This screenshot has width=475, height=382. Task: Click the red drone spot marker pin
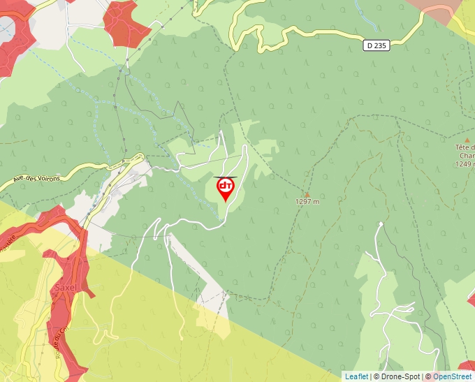(x=226, y=189)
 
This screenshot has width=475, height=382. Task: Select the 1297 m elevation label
(x=307, y=201)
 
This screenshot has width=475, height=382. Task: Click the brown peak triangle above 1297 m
(x=307, y=193)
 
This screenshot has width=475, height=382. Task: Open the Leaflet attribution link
(x=356, y=376)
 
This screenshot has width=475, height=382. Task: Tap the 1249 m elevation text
(x=464, y=164)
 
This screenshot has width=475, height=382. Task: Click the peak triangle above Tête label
(x=467, y=140)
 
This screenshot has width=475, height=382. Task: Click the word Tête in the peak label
(x=464, y=147)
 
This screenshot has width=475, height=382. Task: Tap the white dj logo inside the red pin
(x=226, y=186)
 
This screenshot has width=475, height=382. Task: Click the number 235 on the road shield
(x=380, y=45)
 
